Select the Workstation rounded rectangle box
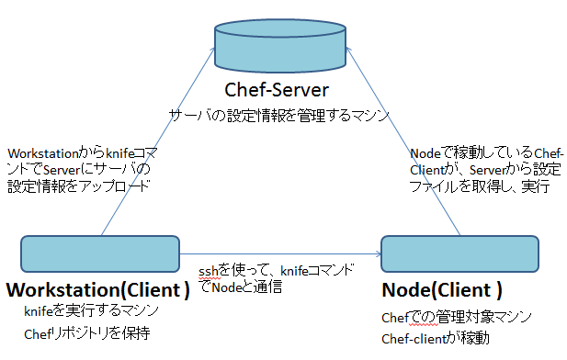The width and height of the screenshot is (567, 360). coord(100,253)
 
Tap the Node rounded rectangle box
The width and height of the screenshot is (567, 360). coord(459,253)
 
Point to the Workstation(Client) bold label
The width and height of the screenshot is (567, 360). coord(98,290)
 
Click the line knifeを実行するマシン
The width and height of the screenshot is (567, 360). coord(92,312)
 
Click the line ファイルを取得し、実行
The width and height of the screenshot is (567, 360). coord(480,186)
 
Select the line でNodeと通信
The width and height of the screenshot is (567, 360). coord(240,287)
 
